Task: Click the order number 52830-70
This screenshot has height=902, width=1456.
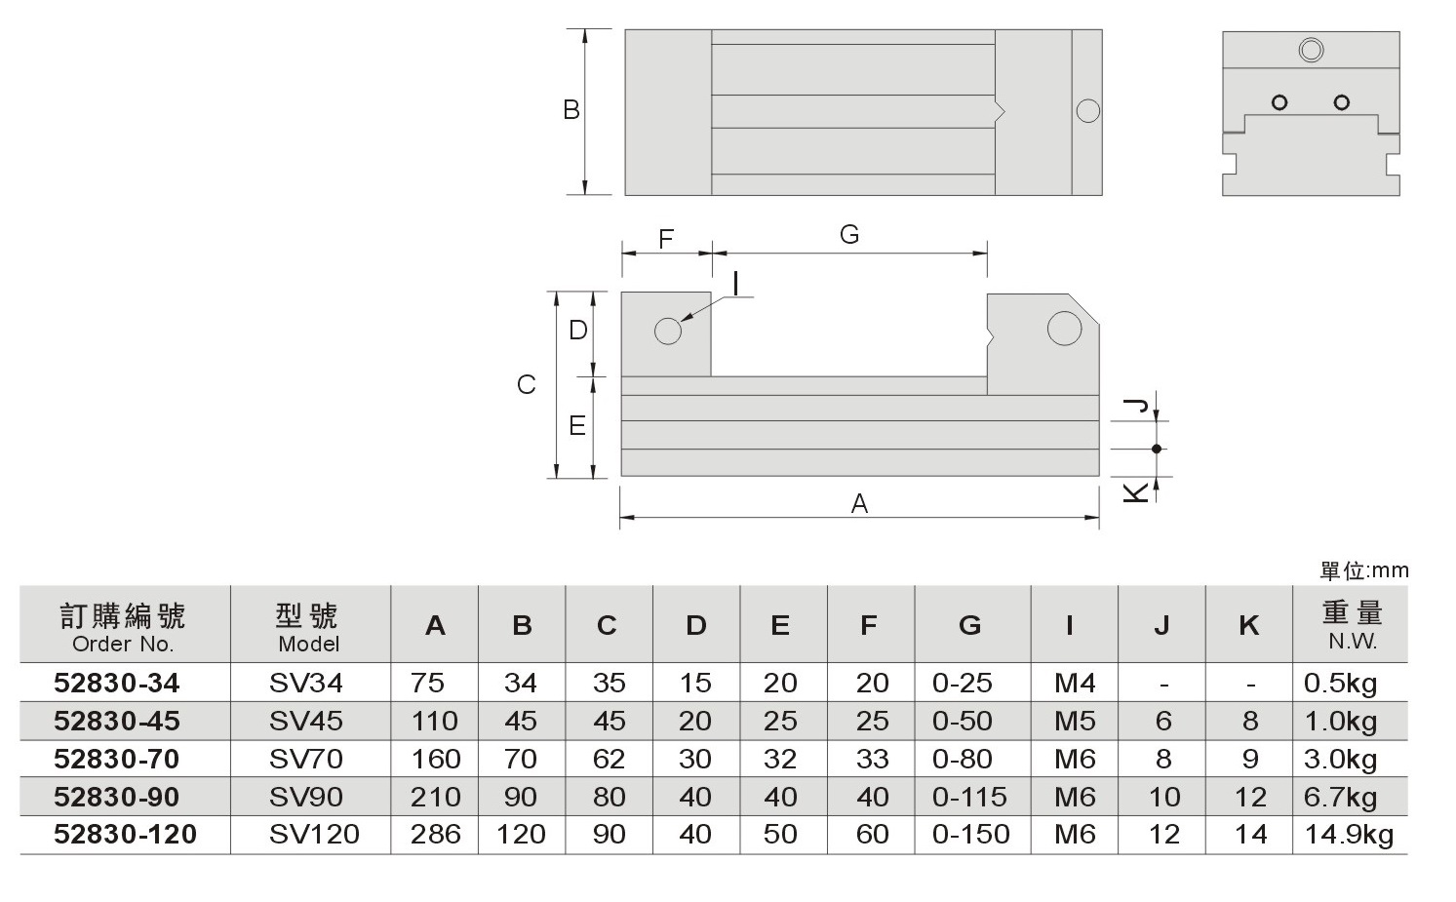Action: click(116, 759)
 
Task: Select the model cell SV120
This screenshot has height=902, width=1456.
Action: click(314, 835)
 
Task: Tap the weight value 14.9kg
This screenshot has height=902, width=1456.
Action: click(1349, 835)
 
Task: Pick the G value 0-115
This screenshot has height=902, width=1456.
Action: click(969, 797)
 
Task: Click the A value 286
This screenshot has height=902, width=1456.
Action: click(435, 835)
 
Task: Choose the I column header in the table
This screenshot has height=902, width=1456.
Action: click(1069, 625)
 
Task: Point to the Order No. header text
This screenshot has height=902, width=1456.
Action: click(123, 644)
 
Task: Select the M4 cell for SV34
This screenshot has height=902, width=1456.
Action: click(1075, 683)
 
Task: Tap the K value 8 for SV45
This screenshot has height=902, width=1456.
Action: click(1250, 721)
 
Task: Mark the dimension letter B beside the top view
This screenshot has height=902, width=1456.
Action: click(571, 110)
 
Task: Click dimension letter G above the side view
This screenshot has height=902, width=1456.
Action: click(849, 234)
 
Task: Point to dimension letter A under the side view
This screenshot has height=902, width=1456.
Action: click(859, 503)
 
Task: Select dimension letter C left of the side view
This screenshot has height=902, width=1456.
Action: click(526, 385)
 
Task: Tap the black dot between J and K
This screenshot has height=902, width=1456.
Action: click(1157, 450)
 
